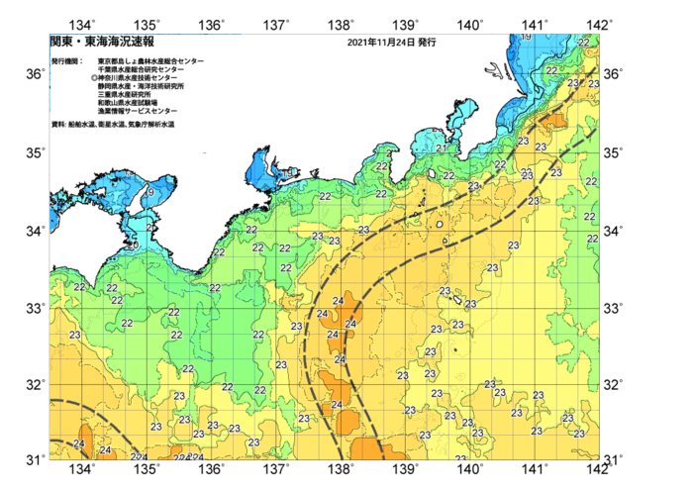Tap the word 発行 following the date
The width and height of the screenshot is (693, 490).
click(x=428, y=44)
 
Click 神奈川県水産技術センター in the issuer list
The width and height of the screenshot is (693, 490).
click(x=144, y=77)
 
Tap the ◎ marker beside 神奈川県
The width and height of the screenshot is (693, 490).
click(x=93, y=77)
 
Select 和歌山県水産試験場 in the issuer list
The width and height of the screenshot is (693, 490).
click(x=130, y=102)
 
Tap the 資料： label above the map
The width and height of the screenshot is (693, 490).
click(x=58, y=125)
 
